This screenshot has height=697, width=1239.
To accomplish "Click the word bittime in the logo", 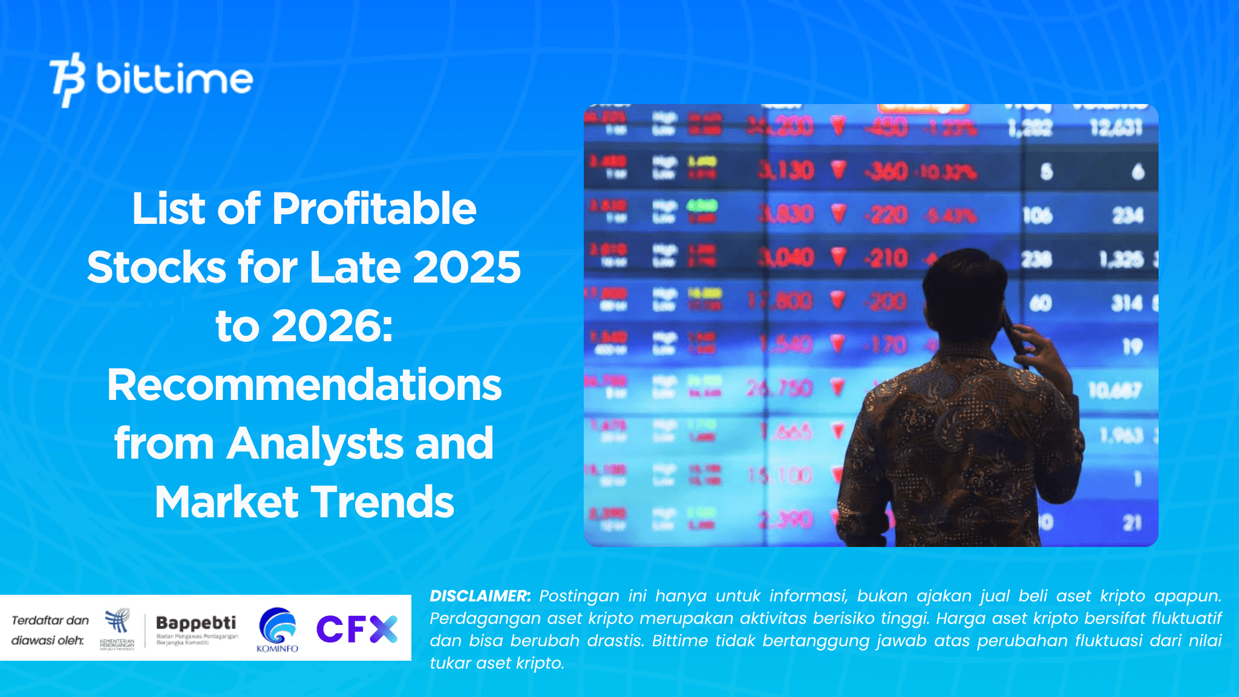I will (174, 79).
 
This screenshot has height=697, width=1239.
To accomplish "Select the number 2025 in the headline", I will (466, 267).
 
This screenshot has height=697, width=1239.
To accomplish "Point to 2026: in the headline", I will (332, 326).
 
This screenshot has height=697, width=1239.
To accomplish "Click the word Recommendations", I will (304, 385).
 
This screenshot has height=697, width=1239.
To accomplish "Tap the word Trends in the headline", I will (382, 502).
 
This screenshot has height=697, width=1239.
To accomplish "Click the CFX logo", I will (357, 629).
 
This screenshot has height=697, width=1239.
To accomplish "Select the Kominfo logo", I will (277, 629).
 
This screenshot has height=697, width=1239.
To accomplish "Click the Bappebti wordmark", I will (196, 623).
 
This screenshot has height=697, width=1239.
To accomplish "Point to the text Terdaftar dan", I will (50, 620).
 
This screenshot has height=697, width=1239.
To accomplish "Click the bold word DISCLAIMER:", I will (480, 596).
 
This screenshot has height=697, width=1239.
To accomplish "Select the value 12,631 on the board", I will (1116, 128).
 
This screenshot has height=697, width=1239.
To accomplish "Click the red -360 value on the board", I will (886, 172).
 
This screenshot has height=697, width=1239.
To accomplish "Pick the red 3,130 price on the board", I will (786, 171).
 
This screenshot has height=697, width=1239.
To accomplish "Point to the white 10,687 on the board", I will (1114, 390).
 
